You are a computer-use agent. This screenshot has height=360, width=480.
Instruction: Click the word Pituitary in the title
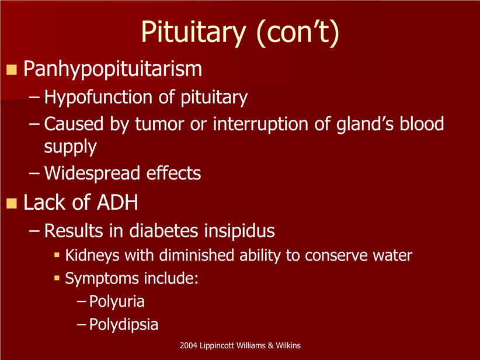click(193, 33)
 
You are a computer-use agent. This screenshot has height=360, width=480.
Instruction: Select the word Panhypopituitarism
click(113, 69)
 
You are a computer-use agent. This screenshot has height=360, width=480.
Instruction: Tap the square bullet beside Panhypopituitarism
click(11, 70)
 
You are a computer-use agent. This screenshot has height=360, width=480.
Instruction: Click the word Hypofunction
click(98, 98)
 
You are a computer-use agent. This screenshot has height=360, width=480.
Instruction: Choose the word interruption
click(261, 124)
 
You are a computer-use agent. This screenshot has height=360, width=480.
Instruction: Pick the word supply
click(71, 147)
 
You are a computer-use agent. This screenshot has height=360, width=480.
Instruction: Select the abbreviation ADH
click(117, 202)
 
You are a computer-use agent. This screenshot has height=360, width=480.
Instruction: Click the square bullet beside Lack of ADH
click(11, 203)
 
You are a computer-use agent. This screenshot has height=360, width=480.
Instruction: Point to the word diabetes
click(164, 231)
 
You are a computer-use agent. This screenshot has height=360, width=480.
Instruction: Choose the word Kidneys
click(92, 256)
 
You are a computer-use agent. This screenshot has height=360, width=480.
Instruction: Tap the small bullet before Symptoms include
click(57, 278)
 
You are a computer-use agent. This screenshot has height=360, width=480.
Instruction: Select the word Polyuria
click(117, 302)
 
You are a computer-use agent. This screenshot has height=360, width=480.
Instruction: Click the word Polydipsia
click(124, 325)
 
